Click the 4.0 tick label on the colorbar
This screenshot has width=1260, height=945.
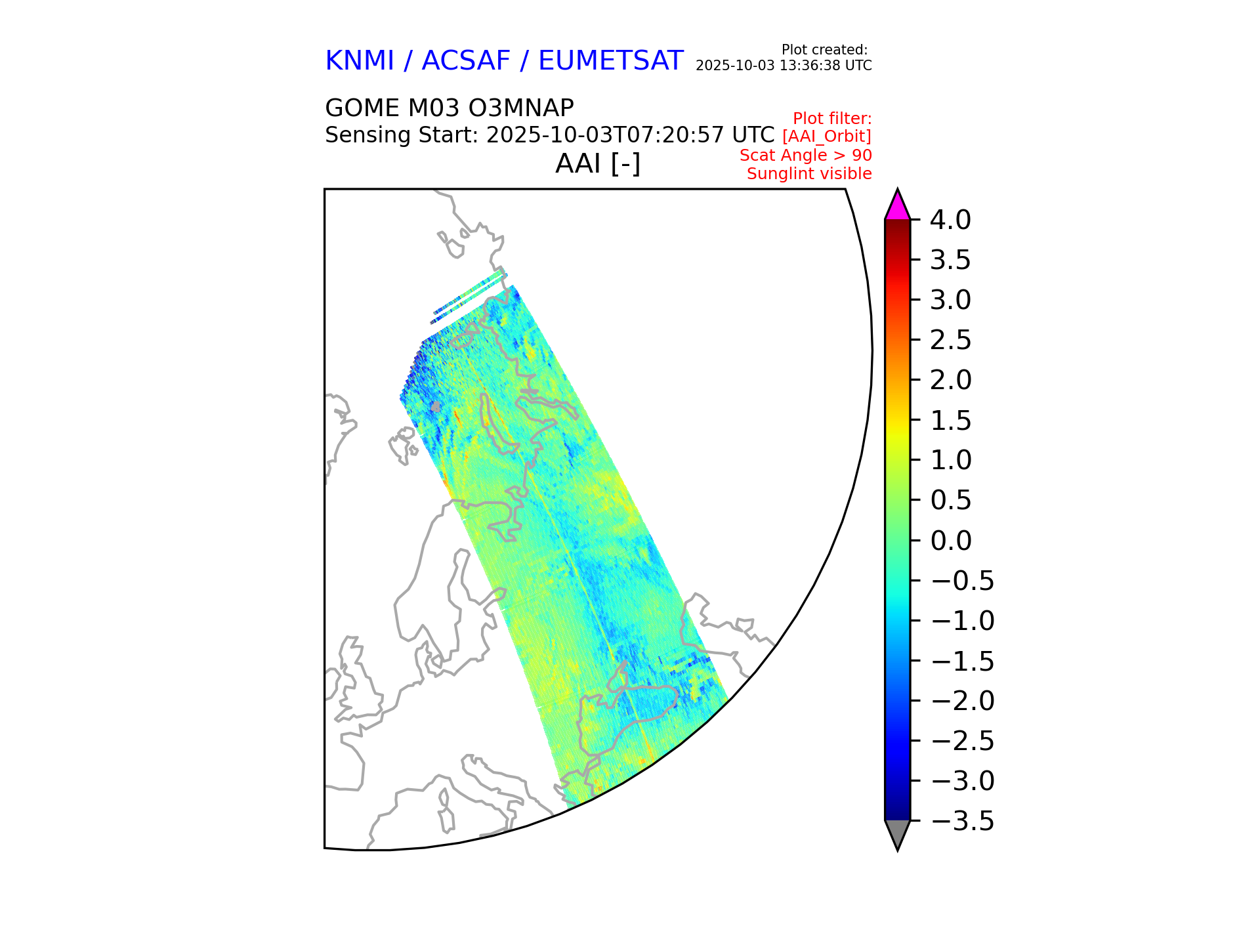[x=950, y=220]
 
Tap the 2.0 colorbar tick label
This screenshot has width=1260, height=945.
[x=950, y=381]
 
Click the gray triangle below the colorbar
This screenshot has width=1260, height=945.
[x=897, y=833]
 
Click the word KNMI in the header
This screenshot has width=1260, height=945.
[x=359, y=61]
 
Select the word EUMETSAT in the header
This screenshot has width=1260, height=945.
[x=610, y=61]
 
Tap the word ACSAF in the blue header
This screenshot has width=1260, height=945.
[x=465, y=61]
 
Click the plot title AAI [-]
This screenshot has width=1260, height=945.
[x=597, y=164]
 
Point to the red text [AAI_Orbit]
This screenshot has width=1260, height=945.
[x=826, y=136]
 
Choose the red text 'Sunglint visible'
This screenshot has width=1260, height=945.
[x=809, y=174]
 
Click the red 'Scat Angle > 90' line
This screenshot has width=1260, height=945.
[x=805, y=156]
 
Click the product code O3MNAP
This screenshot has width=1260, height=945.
[x=524, y=108]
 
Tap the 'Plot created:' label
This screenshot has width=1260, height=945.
[x=824, y=50]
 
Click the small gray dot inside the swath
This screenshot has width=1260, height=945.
[x=436, y=407]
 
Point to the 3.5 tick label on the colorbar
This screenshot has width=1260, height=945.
[x=950, y=261]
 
